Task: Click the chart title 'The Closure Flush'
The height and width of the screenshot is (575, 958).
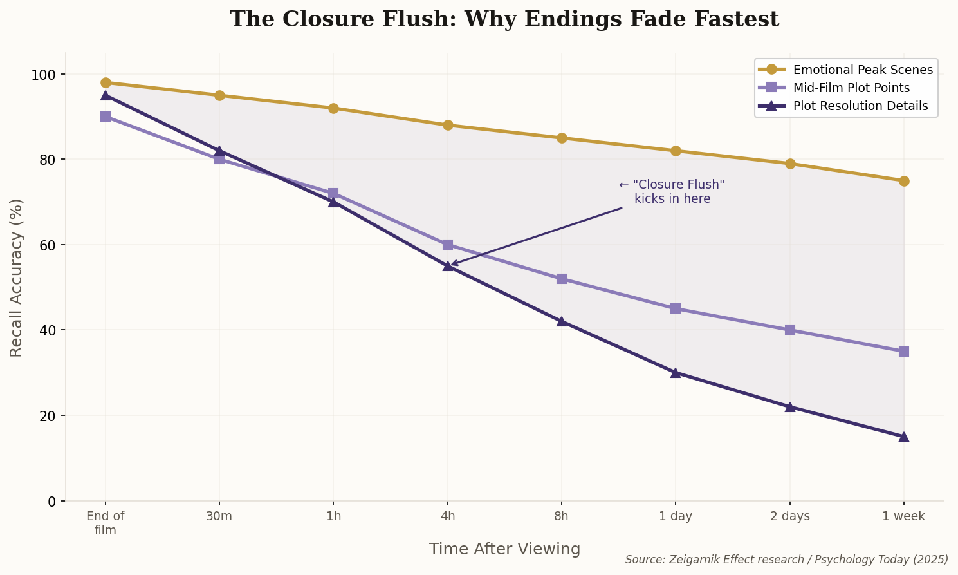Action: pos(504,19)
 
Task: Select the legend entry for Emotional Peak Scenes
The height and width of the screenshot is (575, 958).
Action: pos(863,70)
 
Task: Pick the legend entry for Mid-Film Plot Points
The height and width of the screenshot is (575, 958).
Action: pos(851,88)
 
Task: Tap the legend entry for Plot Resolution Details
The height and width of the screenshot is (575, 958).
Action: pos(860,106)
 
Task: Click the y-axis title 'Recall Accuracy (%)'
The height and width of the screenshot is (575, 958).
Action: pos(17,278)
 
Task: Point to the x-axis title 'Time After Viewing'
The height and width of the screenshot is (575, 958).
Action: pos(504,549)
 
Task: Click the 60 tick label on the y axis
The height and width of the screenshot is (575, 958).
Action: pos(48,245)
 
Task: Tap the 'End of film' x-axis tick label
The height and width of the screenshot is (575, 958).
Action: pos(106,523)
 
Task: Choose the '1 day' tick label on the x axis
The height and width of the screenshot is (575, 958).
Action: pos(676,516)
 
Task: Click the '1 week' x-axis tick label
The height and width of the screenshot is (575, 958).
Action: pos(904,516)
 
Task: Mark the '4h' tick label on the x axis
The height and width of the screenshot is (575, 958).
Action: pos(448,516)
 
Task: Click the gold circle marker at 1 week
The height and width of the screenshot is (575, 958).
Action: pos(904,181)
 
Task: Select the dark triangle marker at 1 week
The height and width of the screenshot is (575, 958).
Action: pos(904,437)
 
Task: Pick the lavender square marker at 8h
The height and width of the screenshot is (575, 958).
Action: pos(562,279)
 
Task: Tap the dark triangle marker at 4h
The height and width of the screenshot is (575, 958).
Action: pos(448,265)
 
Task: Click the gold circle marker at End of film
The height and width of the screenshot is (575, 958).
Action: pos(106,82)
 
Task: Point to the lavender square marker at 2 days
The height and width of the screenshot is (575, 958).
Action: pos(790,330)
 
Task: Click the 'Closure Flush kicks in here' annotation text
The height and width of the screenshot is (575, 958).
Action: pos(672,192)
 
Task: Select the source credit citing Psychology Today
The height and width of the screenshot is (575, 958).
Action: pos(786,560)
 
